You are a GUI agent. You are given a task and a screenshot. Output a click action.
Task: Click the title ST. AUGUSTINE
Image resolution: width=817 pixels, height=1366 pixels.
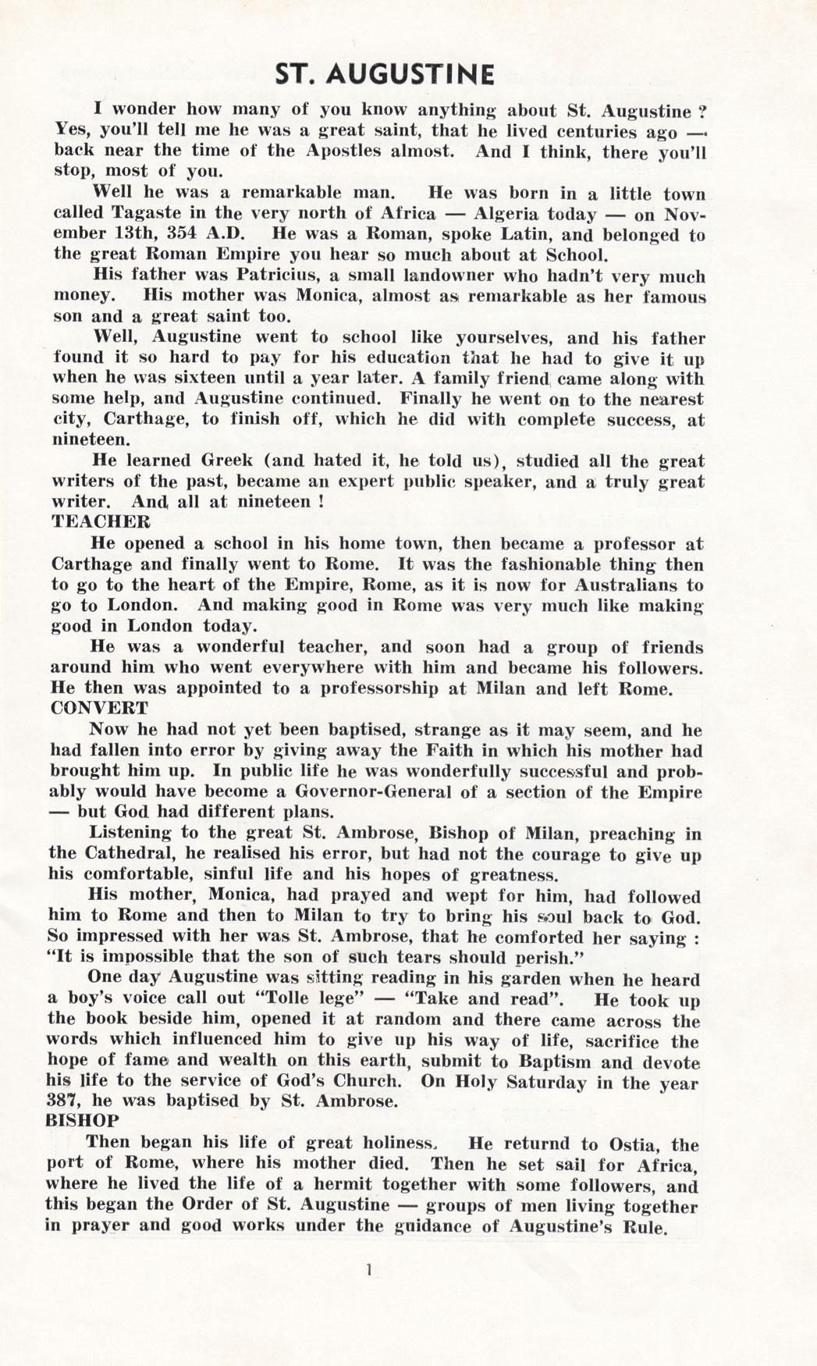385,75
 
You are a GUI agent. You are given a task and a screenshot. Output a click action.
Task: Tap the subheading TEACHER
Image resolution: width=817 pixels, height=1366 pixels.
100,521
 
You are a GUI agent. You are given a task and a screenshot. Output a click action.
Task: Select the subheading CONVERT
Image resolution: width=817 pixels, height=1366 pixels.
99,708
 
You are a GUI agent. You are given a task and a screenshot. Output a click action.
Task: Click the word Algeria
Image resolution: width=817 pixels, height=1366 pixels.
500,214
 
